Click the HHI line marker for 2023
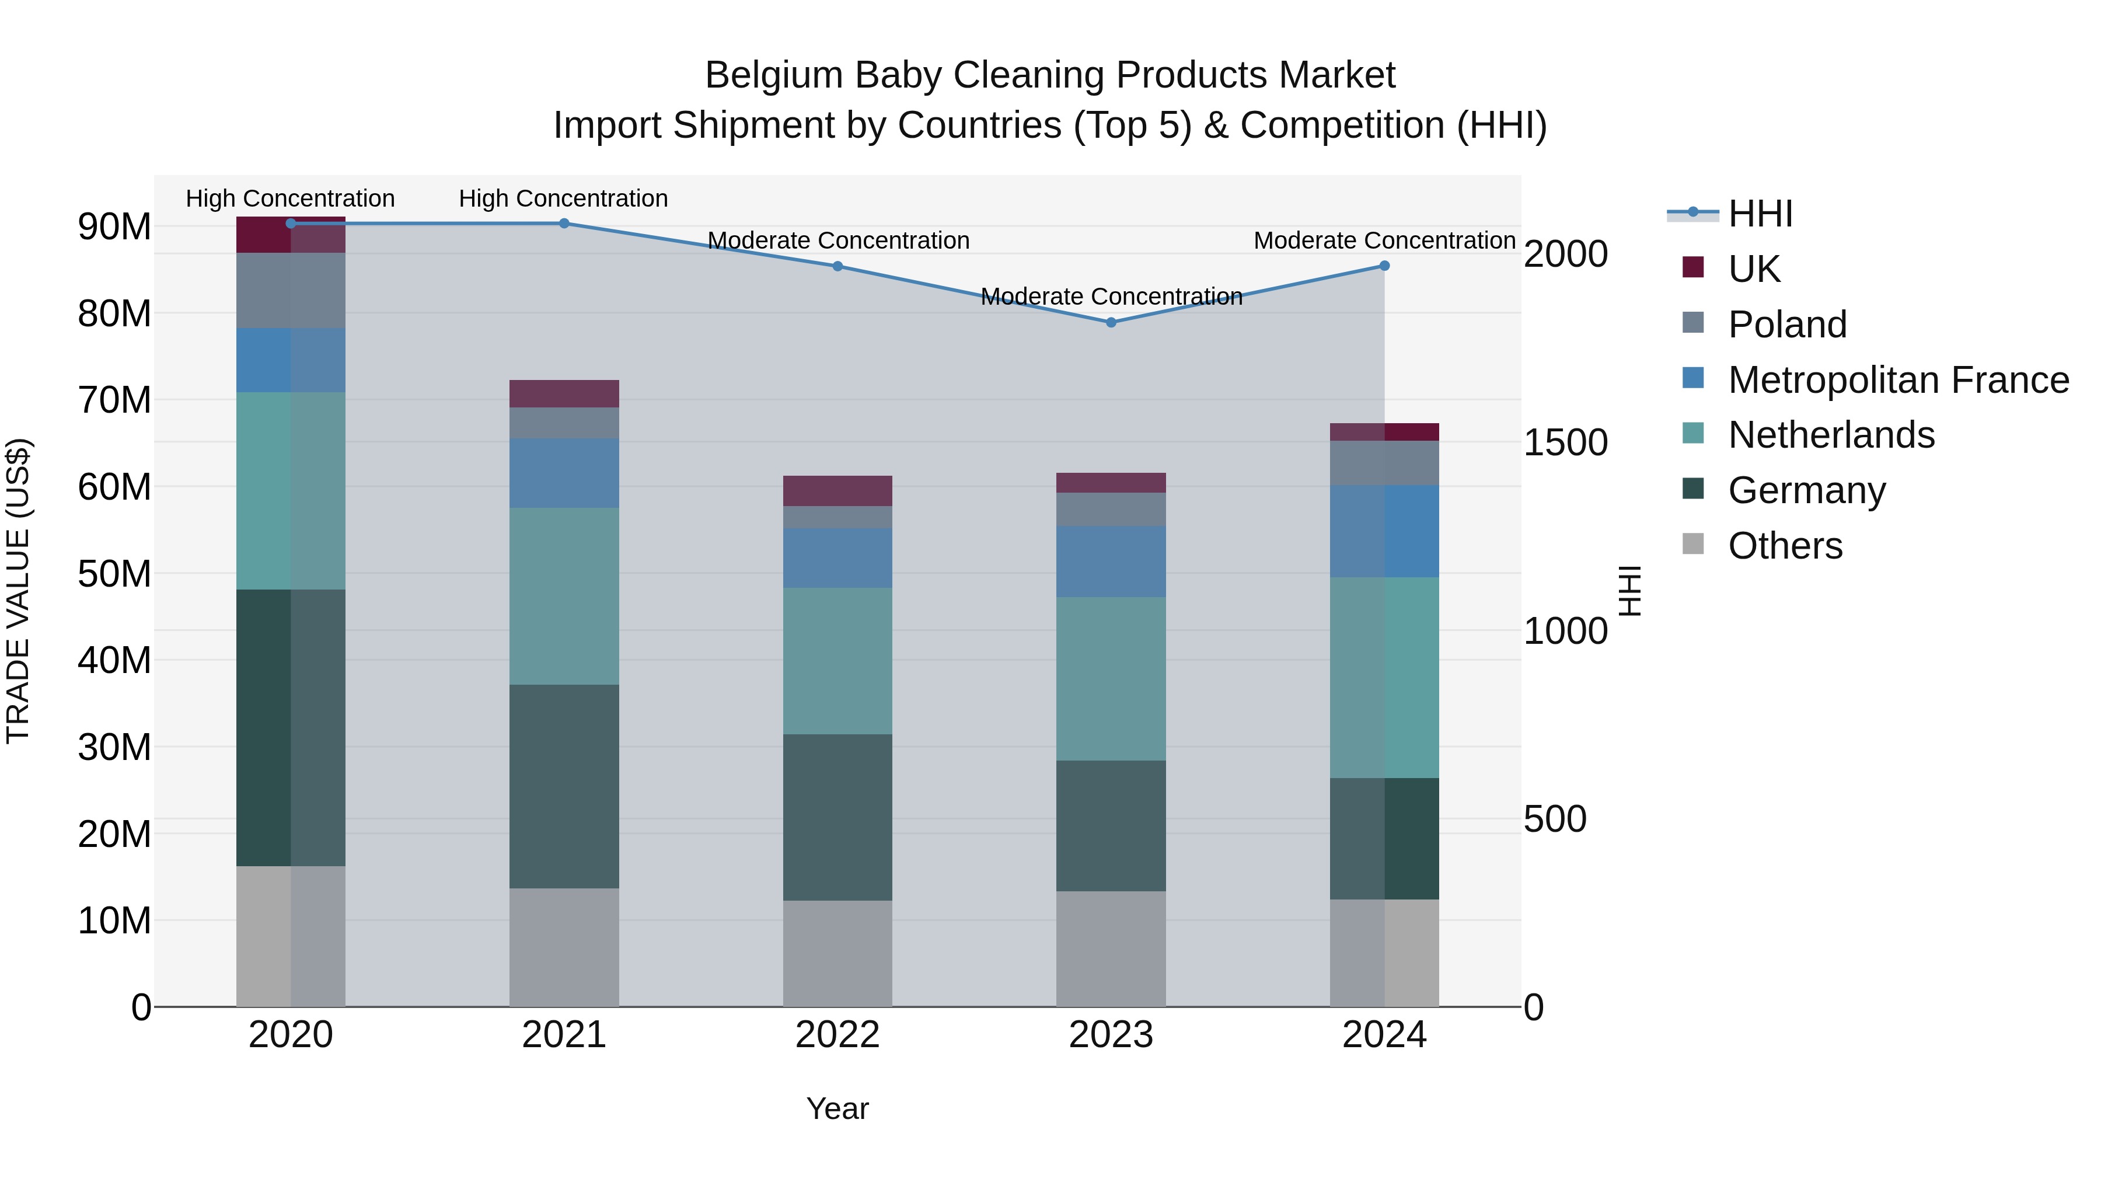[1110, 322]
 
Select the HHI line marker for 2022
[837, 266]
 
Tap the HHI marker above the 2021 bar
[564, 223]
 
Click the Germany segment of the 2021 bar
[564, 786]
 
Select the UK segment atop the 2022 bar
[837, 490]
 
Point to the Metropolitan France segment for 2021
[564, 473]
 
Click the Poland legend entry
[1786, 324]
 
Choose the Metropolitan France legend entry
[1897, 379]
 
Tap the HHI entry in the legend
[1760, 214]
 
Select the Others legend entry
[1785, 545]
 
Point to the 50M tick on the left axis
[114, 573]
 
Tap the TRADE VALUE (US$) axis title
[18, 591]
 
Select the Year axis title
[837, 1108]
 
